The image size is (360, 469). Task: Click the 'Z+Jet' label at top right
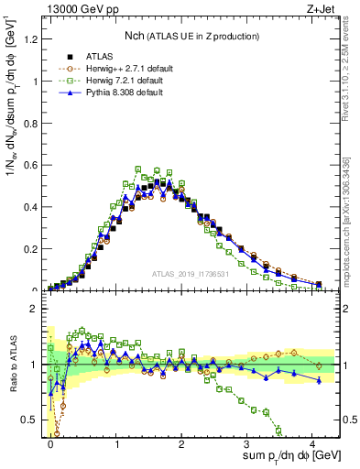pos(322,10)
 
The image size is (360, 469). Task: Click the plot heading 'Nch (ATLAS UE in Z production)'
pos(191,35)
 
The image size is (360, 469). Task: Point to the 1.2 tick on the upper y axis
pos(34,38)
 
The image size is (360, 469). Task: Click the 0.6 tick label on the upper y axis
pos(34,164)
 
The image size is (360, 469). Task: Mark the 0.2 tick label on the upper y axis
pos(34,248)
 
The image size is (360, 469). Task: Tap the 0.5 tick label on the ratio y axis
pos(34,420)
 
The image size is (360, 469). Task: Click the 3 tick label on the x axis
pos(247,442)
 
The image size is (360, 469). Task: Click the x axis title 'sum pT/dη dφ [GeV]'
pos(279,456)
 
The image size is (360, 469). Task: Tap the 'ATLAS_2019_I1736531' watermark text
pos(191,274)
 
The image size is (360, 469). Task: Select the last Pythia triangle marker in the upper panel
pos(319,285)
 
